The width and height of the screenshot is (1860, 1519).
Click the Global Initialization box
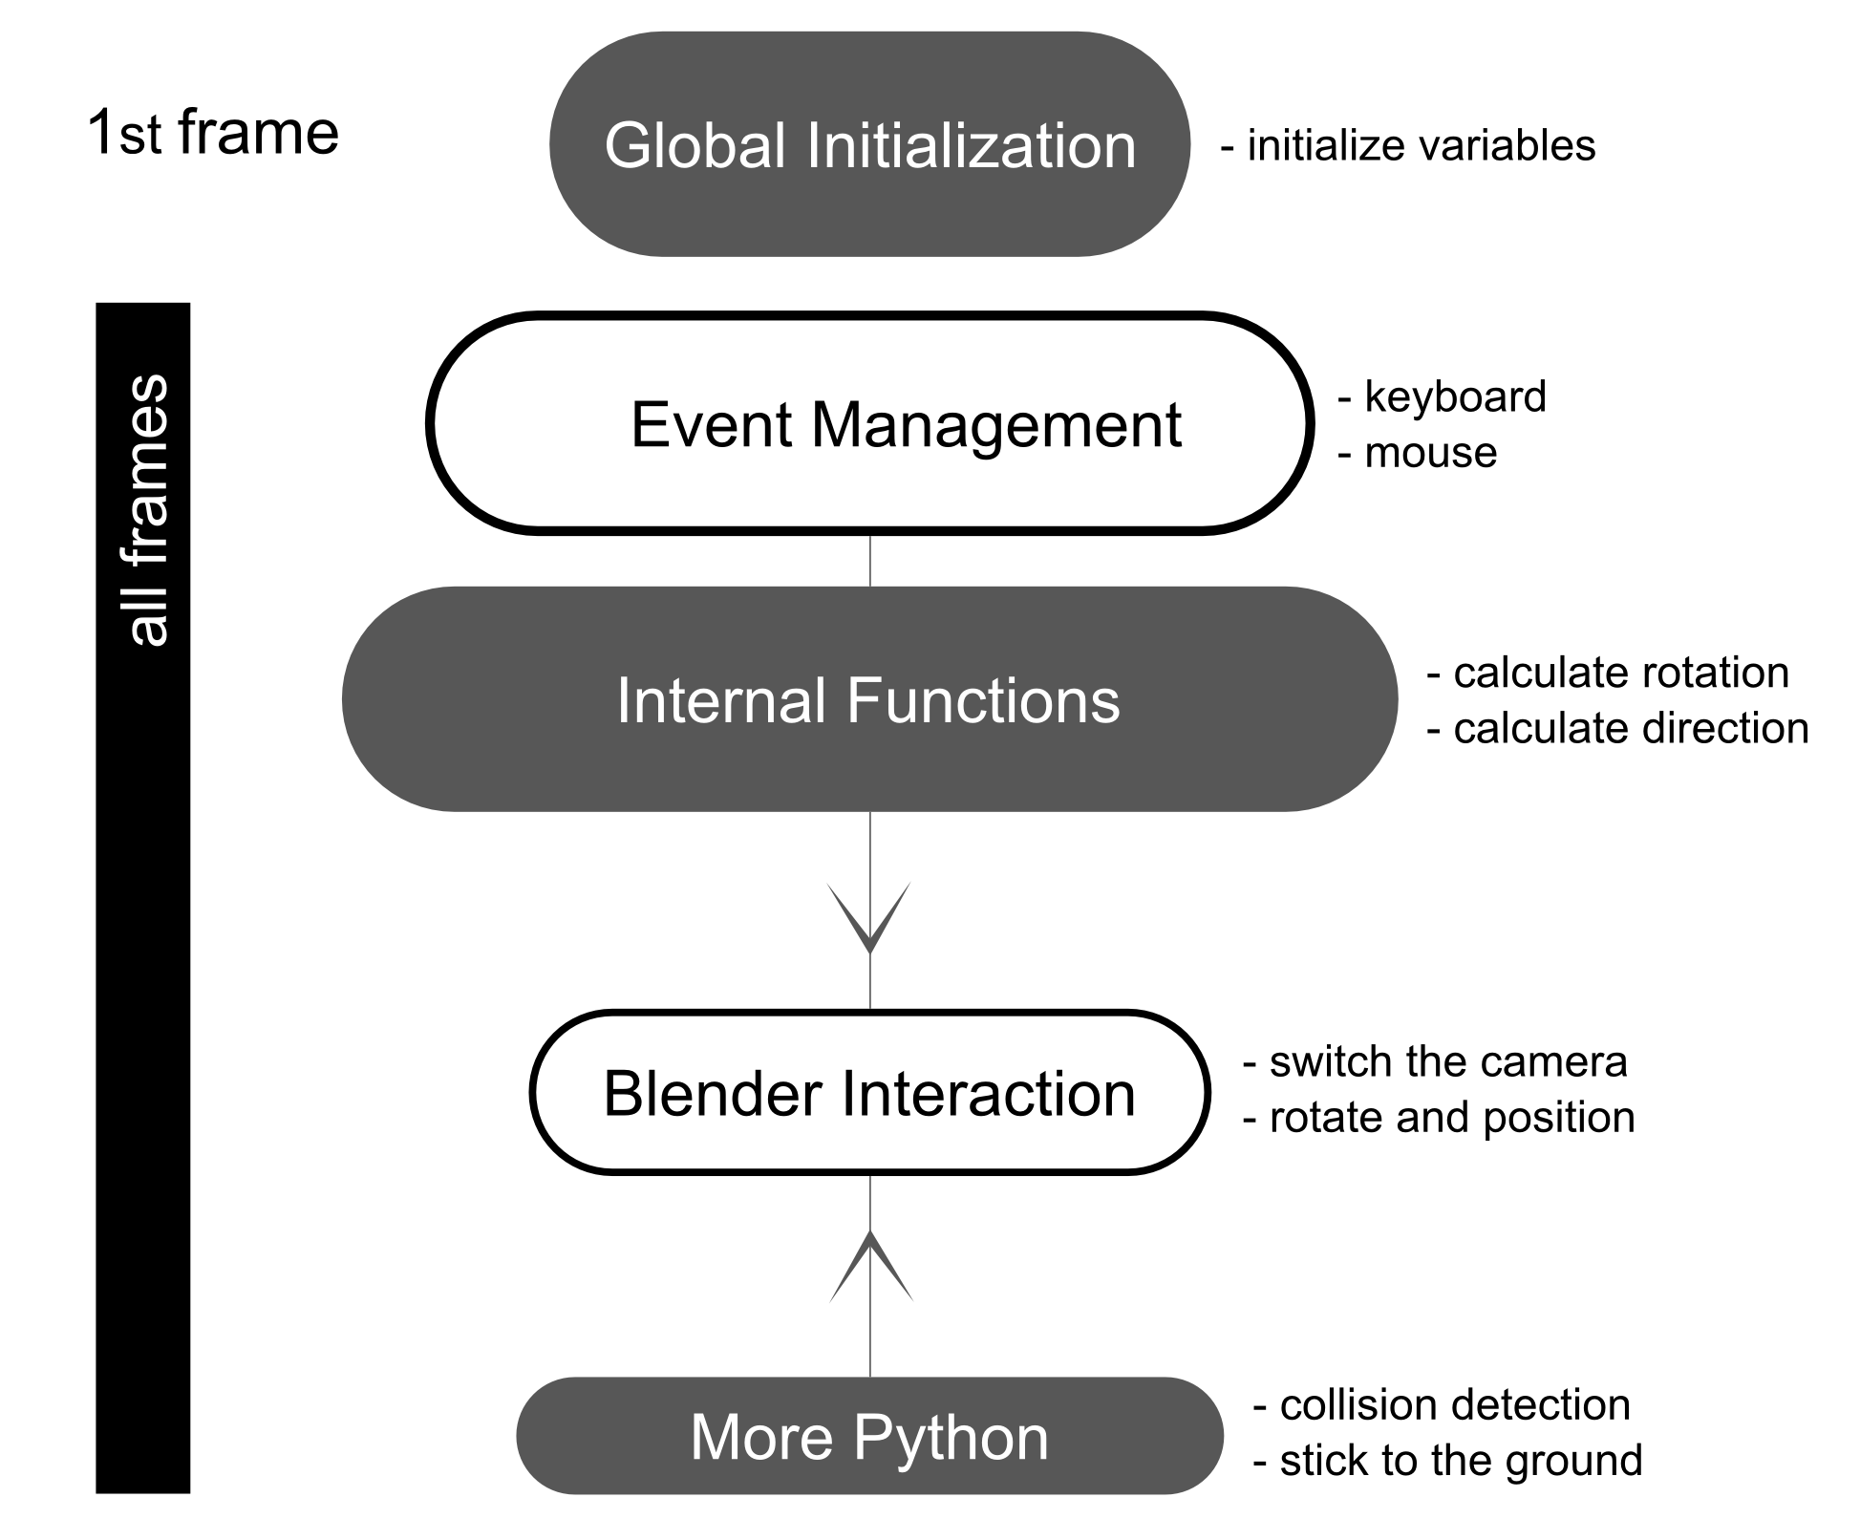[869, 145]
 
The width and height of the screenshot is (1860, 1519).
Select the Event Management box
[869, 423]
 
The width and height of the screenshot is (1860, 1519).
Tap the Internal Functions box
[869, 699]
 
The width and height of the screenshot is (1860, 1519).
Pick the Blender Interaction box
[869, 1093]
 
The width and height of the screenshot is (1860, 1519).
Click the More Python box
[869, 1436]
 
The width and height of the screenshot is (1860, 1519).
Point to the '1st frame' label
[212, 133]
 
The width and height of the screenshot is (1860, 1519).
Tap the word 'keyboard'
[1454, 396]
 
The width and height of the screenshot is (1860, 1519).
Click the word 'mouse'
[1430, 453]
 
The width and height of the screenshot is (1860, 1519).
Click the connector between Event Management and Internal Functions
[869, 560]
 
